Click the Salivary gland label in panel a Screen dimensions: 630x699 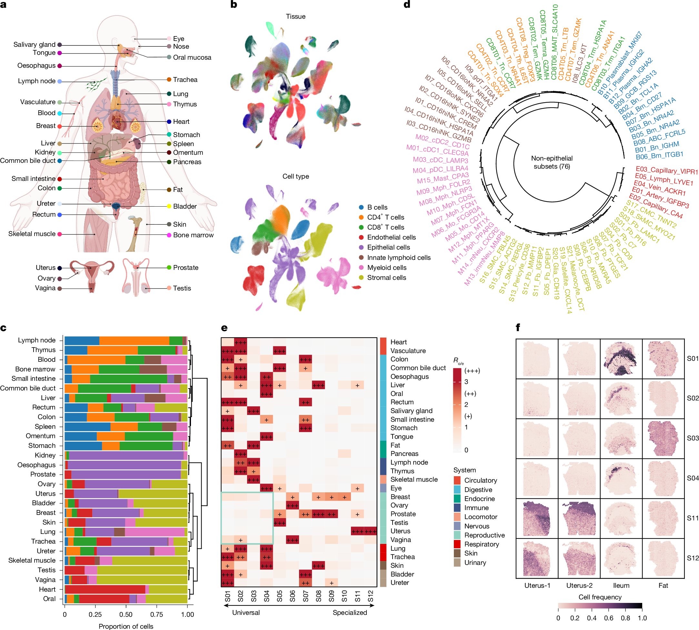click(x=34, y=44)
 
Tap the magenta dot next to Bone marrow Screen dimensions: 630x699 click(x=169, y=235)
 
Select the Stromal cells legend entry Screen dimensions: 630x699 click(x=386, y=278)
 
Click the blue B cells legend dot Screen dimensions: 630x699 click(x=361, y=207)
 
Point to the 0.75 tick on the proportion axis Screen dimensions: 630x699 click(x=156, y=615)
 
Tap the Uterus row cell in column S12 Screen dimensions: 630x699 click(x=370, y=531)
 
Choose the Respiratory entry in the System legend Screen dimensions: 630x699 click(x=481, y=544)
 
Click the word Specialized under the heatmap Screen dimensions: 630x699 click(x=350, y=613)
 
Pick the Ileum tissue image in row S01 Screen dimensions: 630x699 click(x=621, y=359)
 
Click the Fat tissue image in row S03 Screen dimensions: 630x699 click(x=663, y=438)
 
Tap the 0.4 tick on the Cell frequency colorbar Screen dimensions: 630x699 click(x=592, y=618)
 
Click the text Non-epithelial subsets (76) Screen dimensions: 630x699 click(x=552, y=162)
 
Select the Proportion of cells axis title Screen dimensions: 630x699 click(x=126, y=626)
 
